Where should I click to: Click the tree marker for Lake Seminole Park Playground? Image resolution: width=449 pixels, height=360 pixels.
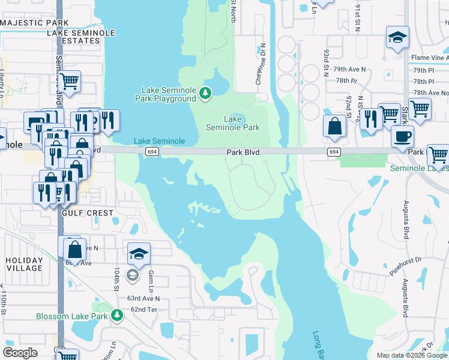[205, 93]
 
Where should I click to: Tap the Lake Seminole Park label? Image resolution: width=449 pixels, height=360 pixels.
[233, 123]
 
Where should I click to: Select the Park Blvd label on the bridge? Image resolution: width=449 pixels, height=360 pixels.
[243, 153]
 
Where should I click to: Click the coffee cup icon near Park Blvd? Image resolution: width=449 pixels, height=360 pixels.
[402, 136]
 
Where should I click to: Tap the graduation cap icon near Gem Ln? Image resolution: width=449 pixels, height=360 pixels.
[139, 253]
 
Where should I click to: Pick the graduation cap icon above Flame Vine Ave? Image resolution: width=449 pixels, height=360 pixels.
[397, 38]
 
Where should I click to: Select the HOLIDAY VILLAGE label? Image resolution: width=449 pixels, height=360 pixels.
[24, 264]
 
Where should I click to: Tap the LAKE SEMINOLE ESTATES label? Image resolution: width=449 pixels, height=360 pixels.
[74, 37]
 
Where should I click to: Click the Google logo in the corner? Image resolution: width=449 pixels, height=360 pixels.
[20, 353]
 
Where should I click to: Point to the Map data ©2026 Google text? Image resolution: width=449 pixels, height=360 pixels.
[412, 355]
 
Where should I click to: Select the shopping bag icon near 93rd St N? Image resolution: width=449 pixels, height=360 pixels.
[334, 127]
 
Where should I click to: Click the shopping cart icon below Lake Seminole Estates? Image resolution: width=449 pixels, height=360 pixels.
[69, 80]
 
